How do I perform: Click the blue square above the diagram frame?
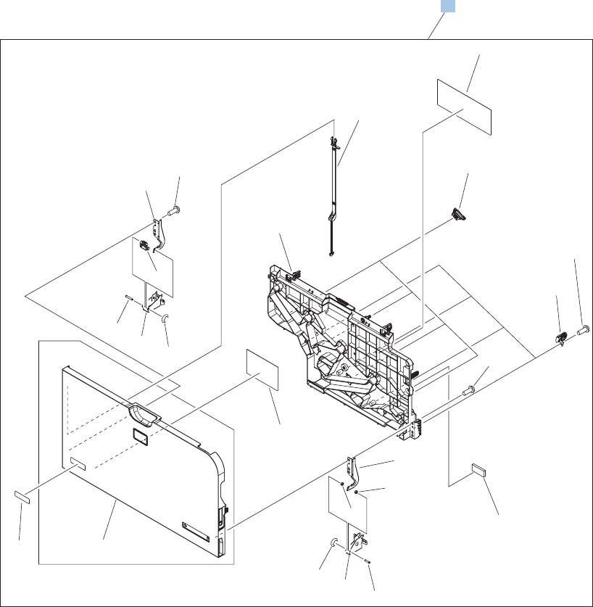(x=449, y=6)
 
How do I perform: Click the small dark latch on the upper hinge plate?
(x=144, y=246)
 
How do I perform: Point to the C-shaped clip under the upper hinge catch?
(x=165, y=318)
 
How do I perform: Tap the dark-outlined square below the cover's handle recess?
(x=139, y=435)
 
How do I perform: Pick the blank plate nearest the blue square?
(x=464, y=107)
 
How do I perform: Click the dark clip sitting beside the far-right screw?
(x=560, y=336)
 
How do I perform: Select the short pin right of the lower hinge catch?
(x=368, y=558)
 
